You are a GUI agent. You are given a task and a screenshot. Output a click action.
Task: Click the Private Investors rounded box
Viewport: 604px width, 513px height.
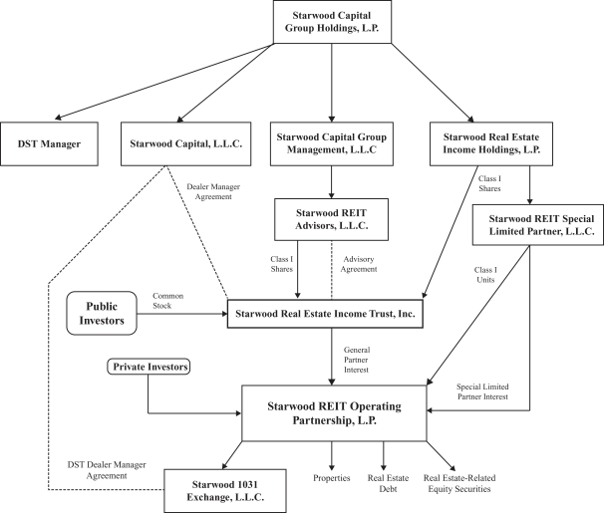coord(147,367)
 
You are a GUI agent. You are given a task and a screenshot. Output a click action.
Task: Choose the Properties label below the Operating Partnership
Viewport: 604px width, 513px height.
coord(330,478)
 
